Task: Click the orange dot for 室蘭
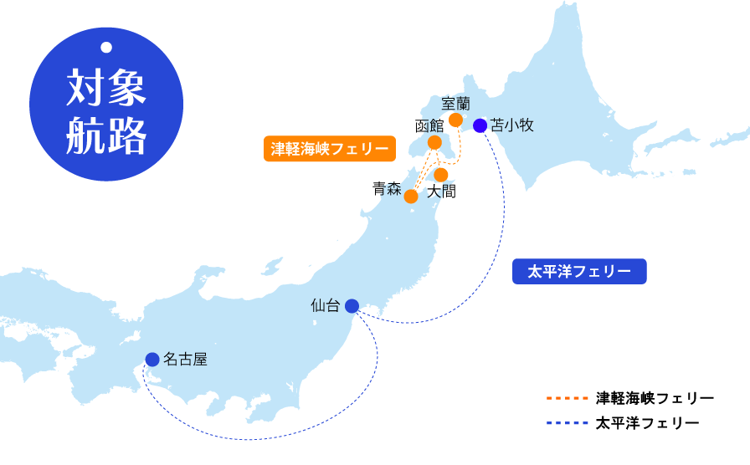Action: (456, 120)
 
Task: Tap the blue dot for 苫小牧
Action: (480, 126)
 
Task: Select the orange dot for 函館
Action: (434, 143)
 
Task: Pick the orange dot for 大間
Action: (441, 175)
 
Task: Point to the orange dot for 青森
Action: (411, 197)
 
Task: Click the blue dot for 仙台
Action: (352, 305)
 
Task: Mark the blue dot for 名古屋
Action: (152, 360)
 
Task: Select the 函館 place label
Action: (429, 126)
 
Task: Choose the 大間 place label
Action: (441, 192)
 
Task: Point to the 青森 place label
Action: (388, 189)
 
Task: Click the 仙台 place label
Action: (325, 305)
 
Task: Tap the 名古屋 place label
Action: (185, 360)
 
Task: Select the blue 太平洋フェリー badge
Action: (579, 272)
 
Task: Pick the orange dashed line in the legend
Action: (566, 398)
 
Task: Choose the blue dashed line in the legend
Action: (566, 423)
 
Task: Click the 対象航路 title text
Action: (106, 112)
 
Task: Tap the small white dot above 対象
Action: (106, 47)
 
